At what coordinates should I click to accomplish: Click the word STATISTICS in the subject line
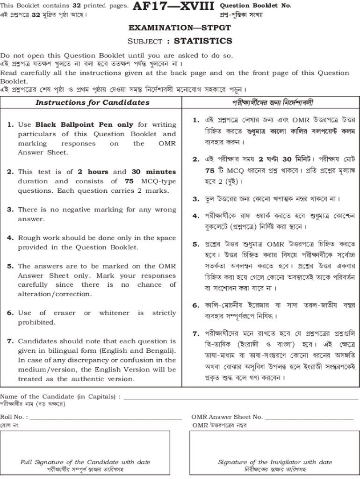[x=203, y=41]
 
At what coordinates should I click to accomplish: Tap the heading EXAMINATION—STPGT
[x=180, y=28]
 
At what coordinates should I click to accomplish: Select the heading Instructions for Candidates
[x=93, y=102]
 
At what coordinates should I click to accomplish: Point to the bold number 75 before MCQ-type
[x=130, y=181]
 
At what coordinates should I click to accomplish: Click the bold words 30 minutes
[x=154, y=172]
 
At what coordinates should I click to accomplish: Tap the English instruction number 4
[x=10, y=238]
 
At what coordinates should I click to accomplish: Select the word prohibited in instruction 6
[x=36, y=322]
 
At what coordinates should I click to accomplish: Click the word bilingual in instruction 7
[x=64, y=351]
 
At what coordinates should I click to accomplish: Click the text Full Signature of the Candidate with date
[x=85, y=462]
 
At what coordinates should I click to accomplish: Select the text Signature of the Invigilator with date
[x=275, y=462]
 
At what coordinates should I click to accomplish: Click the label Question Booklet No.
[x=255, y=6]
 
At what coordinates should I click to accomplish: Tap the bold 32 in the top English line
[x=77, y=6]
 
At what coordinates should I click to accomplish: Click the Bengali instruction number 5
[x=196, y=244]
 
